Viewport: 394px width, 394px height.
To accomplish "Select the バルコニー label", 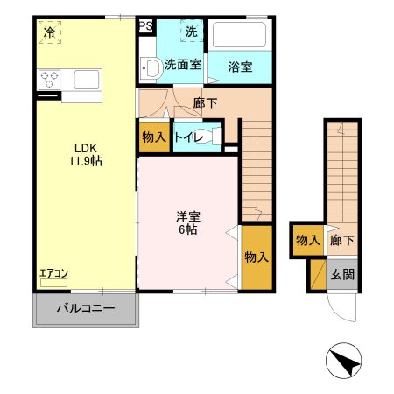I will click(x=86, y=308).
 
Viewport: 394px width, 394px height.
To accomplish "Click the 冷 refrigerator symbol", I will click(x=49, y=33).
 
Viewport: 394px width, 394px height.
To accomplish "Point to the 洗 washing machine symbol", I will click(x=191, y=32).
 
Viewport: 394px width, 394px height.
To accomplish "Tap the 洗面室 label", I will click(x=183, y=63).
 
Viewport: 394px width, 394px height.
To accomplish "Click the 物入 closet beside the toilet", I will click(x=154, y=137).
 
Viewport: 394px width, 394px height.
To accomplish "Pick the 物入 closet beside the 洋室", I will click(x=256, y=257).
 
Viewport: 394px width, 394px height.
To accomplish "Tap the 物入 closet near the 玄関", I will click(x=306, y=239).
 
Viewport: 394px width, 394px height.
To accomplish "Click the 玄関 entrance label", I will click(x=341, y=273).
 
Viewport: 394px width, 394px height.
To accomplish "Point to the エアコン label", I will click(x=53, y=274).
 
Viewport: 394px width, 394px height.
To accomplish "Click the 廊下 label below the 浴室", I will click(x=205, y=103).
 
